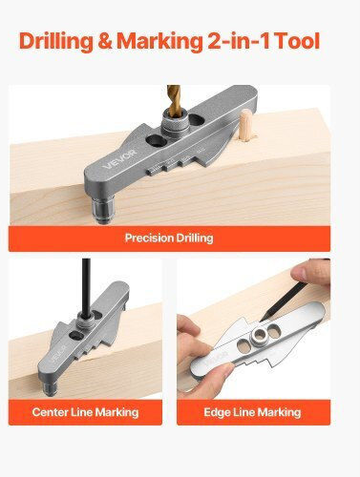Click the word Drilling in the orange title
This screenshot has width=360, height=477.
tap(56, 42)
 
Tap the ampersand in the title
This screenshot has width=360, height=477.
tap(105, 41)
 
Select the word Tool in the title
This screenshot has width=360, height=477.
tap(297, 41)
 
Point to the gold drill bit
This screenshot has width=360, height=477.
tap(174, 101)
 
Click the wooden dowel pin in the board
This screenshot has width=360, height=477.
tap(247, 125)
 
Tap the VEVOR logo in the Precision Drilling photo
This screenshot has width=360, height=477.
tap(119, 159)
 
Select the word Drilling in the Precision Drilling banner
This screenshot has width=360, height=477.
tap(195, 238)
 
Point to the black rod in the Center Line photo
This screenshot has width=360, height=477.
tap(86, 288)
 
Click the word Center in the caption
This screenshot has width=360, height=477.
tap(50, 412)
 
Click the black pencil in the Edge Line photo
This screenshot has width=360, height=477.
tap(284, 301)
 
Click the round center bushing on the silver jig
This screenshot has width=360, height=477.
tap(260, 335)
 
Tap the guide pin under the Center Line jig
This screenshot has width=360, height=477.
tap(50, 388)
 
